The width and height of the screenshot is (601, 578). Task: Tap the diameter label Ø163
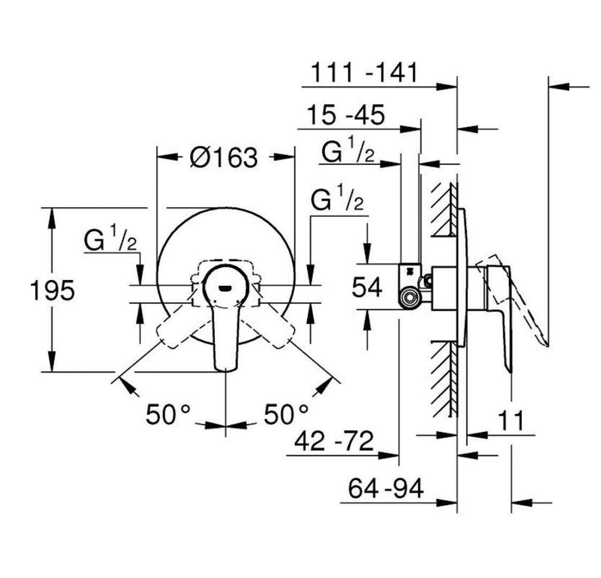click(224, 157)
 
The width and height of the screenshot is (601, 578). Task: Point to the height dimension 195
click(52, 290)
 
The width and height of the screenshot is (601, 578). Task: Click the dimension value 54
click(367, 287)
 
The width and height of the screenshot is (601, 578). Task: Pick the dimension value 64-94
click(385, 488)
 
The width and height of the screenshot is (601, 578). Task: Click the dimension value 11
click(510, 421)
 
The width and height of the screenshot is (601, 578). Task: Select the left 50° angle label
click(168, 414)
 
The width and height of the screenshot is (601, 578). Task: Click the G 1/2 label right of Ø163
click(337, 202)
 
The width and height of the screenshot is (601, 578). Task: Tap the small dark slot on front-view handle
click(225, 288)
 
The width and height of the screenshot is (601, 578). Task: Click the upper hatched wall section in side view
click(445, 208)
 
